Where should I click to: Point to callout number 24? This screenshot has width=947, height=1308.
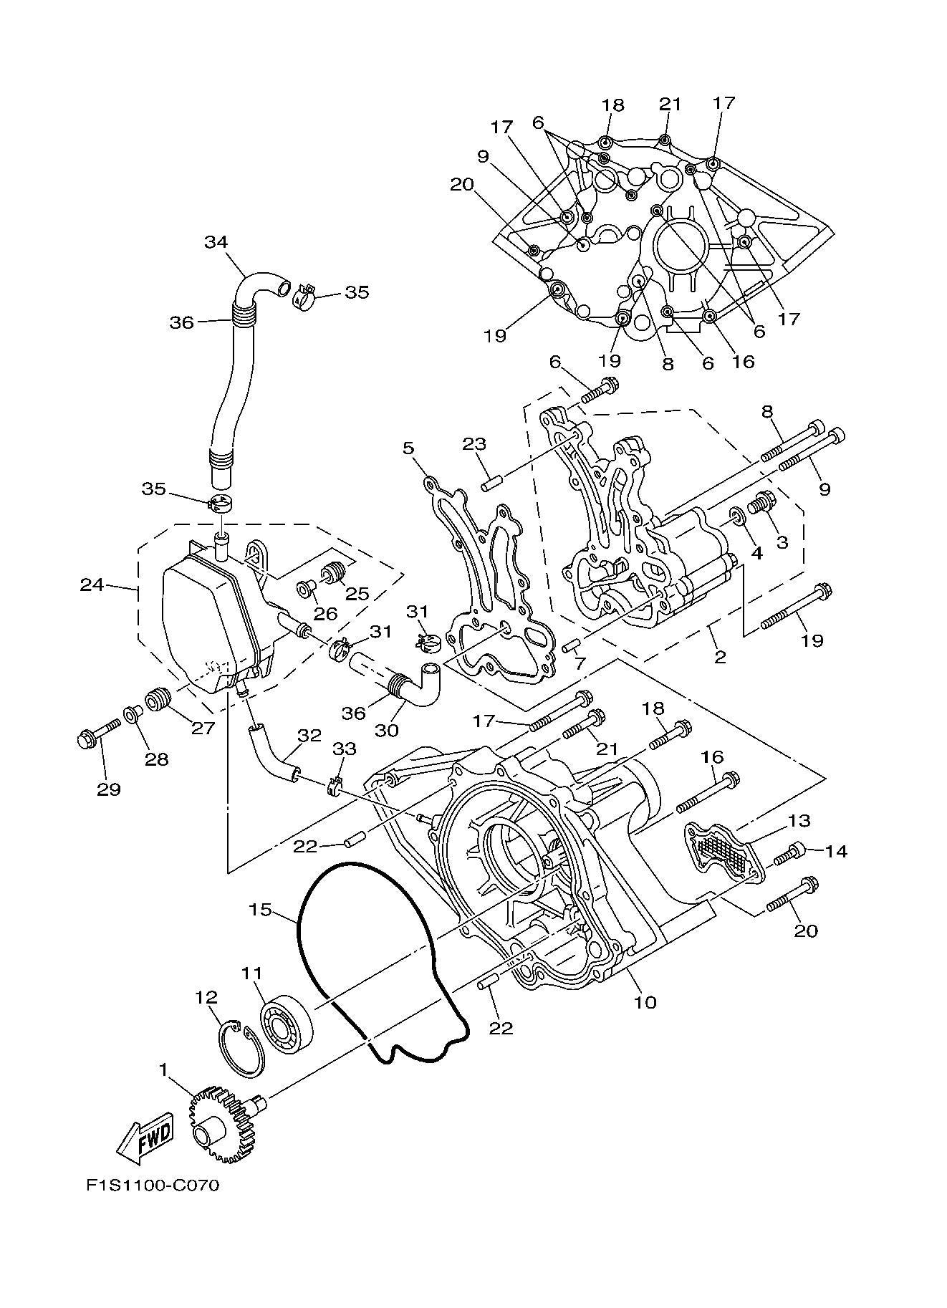pyautogui.click(x=92, y=585)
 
